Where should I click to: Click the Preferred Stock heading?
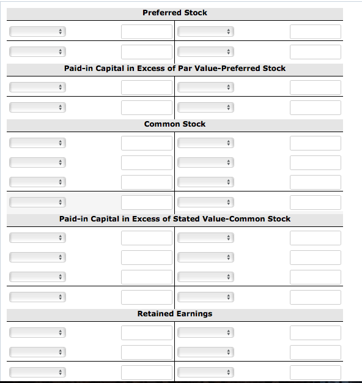pos(174,13)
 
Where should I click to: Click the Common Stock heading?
pos(174,124)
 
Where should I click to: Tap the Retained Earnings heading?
pos(174,314)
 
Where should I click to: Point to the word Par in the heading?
pos(184,69)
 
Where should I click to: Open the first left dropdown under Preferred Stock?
pos(37,31)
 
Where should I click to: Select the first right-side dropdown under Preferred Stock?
pos(205,31)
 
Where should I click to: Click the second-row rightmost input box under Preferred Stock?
pos(315,51)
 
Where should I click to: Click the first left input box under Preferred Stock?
pos(146,31)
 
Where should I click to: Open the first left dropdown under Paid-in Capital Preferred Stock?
pos(37,87)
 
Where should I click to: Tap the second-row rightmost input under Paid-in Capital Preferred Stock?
pos(315,108)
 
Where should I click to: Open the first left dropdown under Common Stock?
pos(37,143)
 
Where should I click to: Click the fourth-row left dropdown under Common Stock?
pos(37,202)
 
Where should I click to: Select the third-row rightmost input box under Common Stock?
pos(315,182)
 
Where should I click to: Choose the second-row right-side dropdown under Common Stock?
pos(205,163)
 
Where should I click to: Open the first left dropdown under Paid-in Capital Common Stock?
pos(37,238)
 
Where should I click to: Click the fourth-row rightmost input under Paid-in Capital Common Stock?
pos(315,297)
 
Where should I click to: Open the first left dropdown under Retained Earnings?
pos(37,333)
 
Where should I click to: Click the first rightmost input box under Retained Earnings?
pos(315,333)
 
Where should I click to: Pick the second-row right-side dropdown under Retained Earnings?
pos(205,352)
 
